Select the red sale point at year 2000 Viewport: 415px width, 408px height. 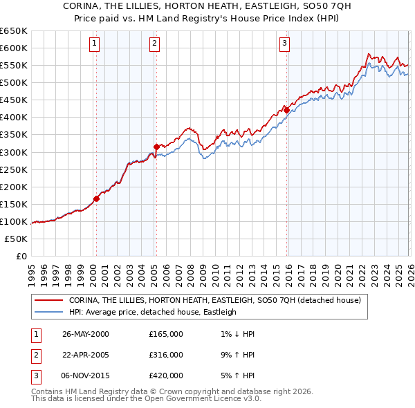pyautogui.click(x=96, y=198)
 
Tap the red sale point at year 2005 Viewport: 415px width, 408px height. pyautogui.click(x=156, y=147)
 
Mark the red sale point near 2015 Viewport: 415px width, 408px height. pyautogui.click(x=286, y=110)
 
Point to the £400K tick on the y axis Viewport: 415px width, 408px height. pyautogui.click(x=13, y=117)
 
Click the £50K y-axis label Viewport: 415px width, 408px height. pyautogui.click(x=16, y=239)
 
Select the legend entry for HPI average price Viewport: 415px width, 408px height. pyautogui.click(x=152, y=312)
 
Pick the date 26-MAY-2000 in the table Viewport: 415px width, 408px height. pyautogui.click(x=86, y=334)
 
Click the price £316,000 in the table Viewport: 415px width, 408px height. pyautogui.click(x=166, y=354)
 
